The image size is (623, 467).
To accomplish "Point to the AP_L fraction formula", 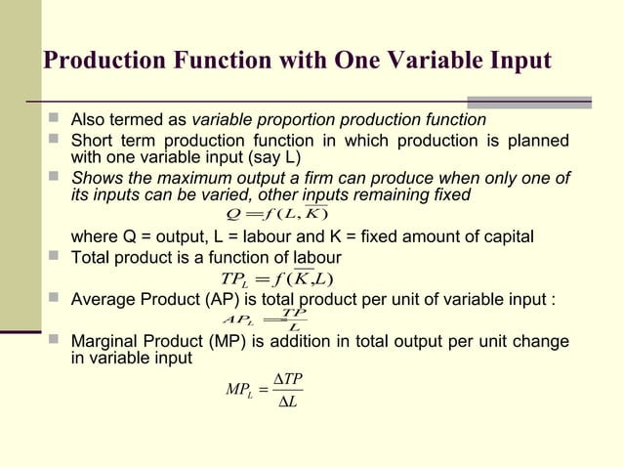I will coord(265,319).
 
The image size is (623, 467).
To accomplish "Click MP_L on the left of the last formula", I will coord(239,391).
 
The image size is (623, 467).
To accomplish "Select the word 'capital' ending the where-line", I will coord(507,237).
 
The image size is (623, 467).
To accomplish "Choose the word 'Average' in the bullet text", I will coord(103,299).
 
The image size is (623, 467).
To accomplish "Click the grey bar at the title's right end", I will coord(530,102).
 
